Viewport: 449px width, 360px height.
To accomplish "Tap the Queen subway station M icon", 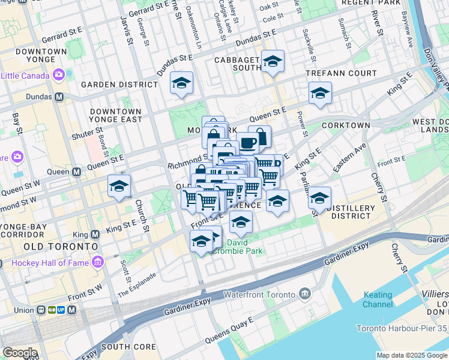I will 76,172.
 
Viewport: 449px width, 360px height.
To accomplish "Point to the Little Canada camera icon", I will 59,75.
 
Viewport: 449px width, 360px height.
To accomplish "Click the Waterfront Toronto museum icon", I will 304,294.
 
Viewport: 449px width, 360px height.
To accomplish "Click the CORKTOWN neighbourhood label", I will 345,125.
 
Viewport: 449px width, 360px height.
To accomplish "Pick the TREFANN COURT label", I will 340,73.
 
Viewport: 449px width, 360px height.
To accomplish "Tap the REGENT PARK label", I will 370,3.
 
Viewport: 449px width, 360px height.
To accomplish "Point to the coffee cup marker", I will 247,143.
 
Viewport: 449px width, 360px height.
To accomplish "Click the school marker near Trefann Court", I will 320,94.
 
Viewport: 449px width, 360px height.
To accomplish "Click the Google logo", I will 20,352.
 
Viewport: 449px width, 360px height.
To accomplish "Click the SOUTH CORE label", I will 128,347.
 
